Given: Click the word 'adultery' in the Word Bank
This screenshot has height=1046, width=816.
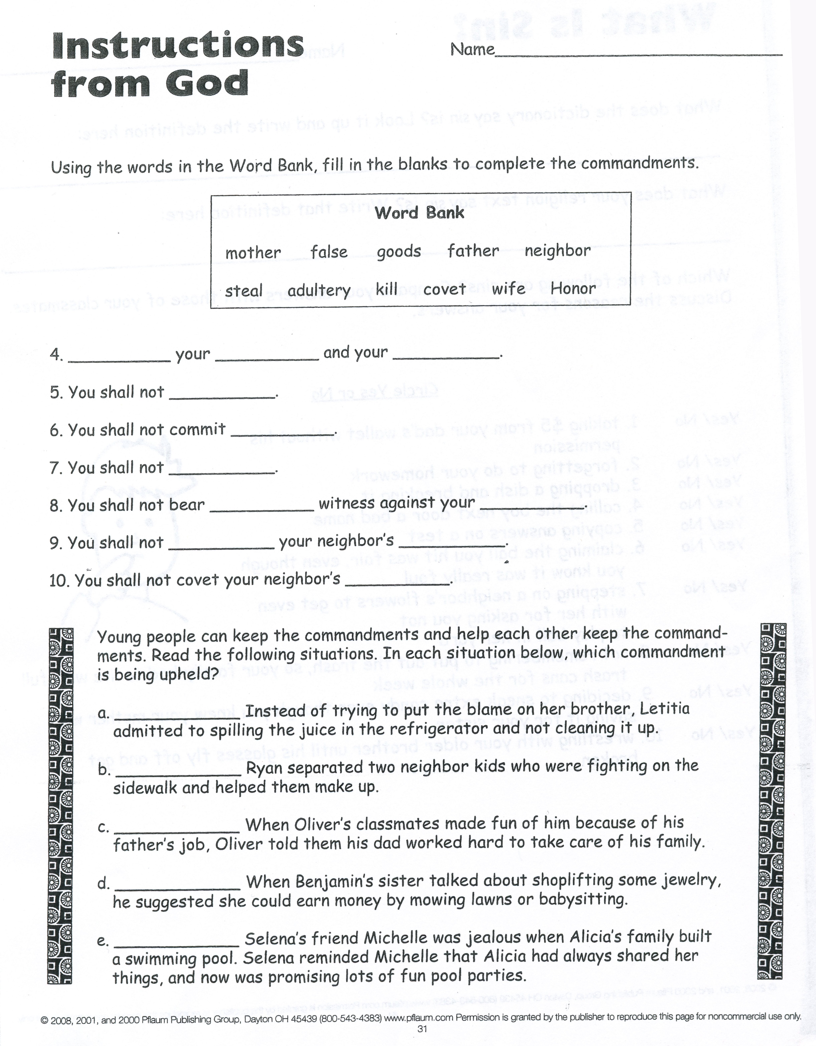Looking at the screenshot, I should [319, 291].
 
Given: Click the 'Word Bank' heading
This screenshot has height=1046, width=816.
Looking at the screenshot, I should [420, 213].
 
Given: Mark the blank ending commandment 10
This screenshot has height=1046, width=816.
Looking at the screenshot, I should [397, 583].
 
